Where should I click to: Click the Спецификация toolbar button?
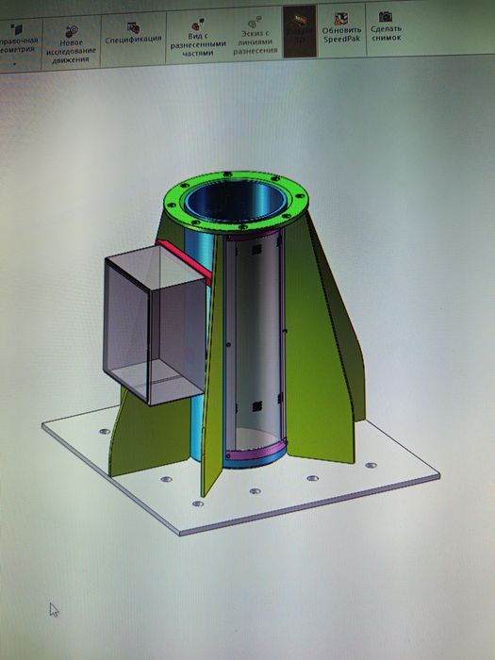pos(133,39)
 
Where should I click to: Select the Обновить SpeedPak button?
pos(341,34)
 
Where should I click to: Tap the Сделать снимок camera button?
pos(387,34)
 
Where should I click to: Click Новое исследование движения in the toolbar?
pos(72,43)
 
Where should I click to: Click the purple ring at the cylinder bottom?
pos(255,455)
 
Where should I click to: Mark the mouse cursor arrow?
pos(54,608)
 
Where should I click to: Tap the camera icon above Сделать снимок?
pos(386,17)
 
